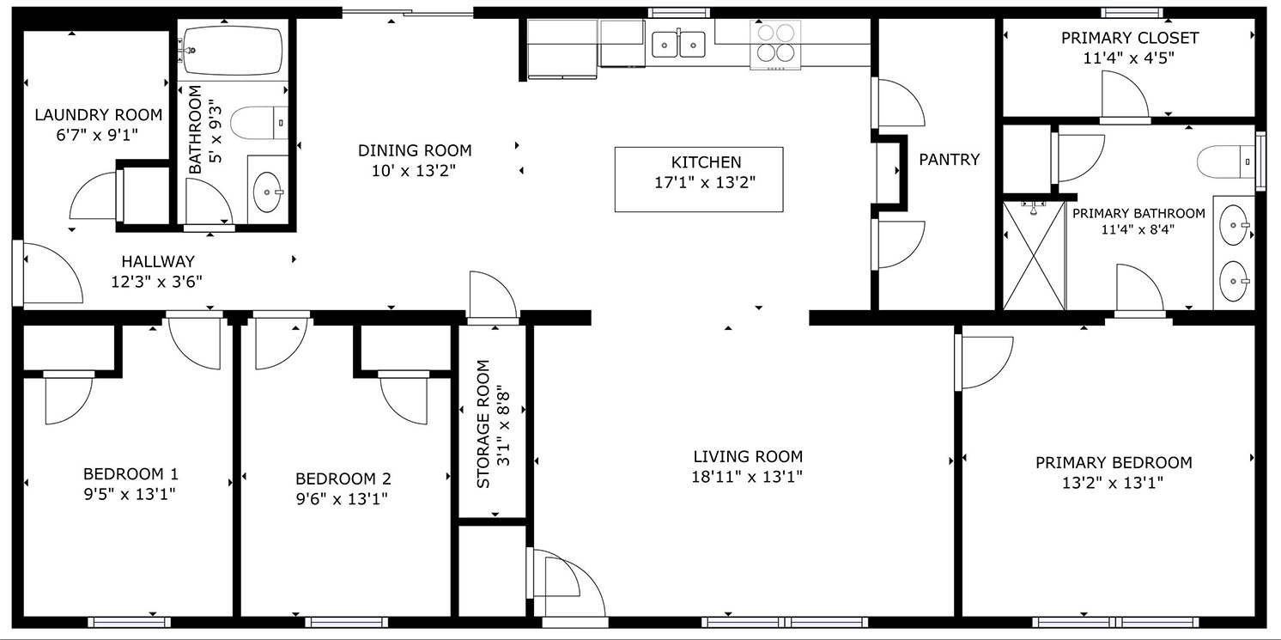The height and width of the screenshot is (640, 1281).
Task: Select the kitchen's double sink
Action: coord(678,44)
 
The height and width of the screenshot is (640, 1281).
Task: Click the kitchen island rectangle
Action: coord(699,180)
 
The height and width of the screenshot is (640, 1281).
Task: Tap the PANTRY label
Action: coord(950,160)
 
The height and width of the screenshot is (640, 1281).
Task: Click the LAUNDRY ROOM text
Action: coord(99,115)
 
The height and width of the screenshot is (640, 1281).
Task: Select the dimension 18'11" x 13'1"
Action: coord(747,477)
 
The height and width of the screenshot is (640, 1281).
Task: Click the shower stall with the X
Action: coord(1034,255)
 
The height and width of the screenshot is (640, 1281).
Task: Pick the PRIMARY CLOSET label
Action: coord(1130,38)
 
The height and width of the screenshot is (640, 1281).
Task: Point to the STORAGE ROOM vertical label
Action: coord(483,424)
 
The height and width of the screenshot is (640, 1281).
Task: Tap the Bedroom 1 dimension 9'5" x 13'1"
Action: coord(130,494)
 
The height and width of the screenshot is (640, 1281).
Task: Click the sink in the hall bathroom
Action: coord(268,192)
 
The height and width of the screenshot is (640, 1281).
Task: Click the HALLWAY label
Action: coord(158,262)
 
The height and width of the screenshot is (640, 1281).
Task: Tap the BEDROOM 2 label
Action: coord(343,478)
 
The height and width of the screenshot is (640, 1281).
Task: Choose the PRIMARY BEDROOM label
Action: coord(1114,462)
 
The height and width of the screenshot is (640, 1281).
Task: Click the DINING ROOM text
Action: coord(415,150)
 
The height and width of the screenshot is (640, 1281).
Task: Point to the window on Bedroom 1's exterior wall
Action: coord(130,622)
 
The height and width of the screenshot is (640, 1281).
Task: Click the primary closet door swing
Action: coord(1124,95)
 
